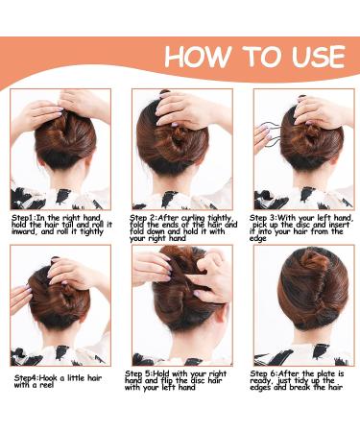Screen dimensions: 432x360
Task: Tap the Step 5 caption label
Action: (x=145, y=372)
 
